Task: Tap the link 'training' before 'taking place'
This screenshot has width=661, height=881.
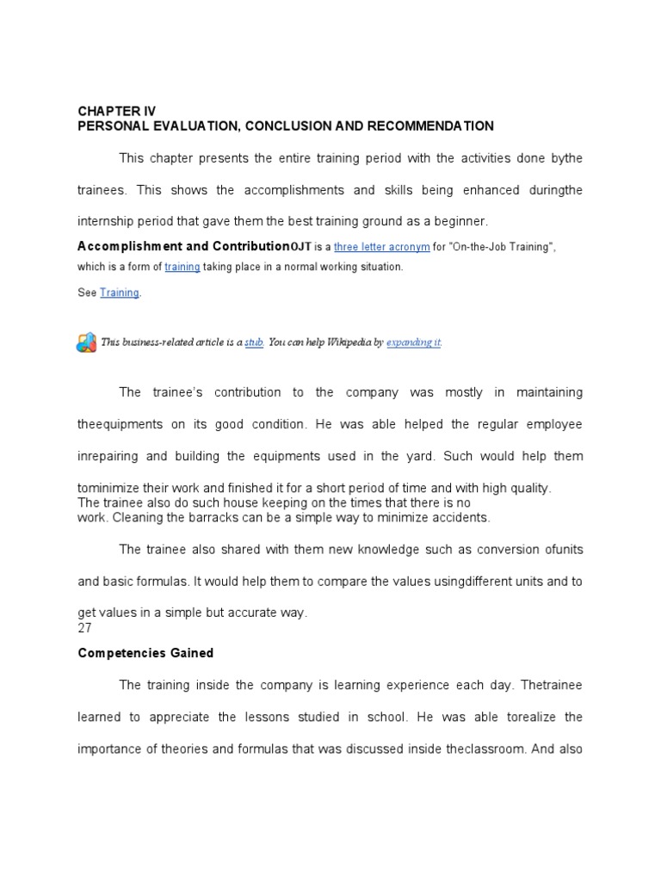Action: click(182, 267)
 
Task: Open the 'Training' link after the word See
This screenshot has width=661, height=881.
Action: click(119, 293)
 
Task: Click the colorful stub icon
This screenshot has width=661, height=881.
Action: click(86, 342)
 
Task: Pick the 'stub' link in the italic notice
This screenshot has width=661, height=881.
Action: click(253, 342)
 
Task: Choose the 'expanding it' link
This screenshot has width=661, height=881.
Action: click(413, 342)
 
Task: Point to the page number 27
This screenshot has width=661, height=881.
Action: click(85, 627)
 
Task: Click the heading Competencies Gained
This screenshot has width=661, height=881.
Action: click(145, 653)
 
